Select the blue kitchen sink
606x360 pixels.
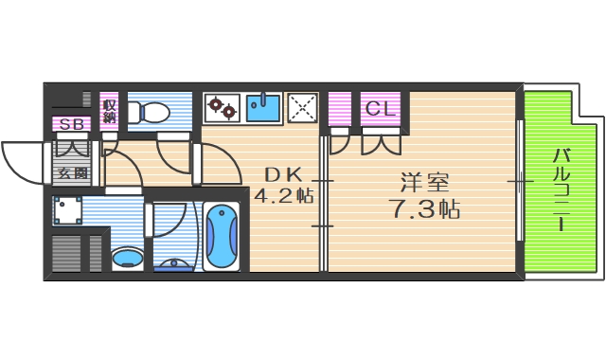click(x=263, y=107)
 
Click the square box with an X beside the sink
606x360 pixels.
click(x=302, y=107)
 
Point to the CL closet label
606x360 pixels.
click(x=380, y=108)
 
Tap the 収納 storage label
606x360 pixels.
click(x=110, y=110)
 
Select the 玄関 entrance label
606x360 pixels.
click(x=72, y=172)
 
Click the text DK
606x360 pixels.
click(x=282, y=174)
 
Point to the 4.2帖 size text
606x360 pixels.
click(x=282, y=196)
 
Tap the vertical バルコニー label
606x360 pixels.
click(x=561, y=189)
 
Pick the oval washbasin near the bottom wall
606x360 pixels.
click(x=127, y=257)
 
